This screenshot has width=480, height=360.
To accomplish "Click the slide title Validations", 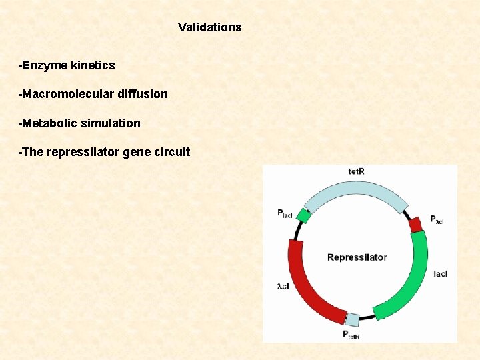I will [209, 27].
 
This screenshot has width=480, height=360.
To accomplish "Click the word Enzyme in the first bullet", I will [46, 65].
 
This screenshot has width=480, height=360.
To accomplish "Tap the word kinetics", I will [93, 65].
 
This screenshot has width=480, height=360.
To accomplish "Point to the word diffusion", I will [142, 94].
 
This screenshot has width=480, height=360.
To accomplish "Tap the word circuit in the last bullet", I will [172, 152].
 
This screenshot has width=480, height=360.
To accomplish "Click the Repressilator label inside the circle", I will [357, 257].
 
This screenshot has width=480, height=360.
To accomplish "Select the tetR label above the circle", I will [357, 171].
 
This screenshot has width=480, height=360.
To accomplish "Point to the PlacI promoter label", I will [285, 213].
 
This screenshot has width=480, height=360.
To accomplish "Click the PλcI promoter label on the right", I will [437, 219].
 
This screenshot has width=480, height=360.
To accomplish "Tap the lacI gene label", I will [440, 274].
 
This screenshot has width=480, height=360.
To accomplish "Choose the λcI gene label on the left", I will [283, 286].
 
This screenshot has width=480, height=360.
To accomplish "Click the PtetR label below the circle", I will [351, 335].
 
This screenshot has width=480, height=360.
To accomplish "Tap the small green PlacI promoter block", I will [304, 215].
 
